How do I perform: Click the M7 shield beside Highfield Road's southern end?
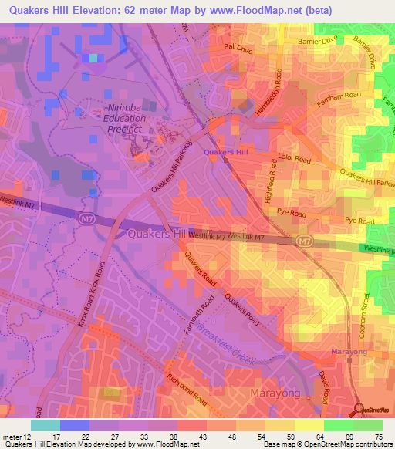[x=306, y=241]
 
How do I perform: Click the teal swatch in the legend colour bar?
[x=45, y=425]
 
